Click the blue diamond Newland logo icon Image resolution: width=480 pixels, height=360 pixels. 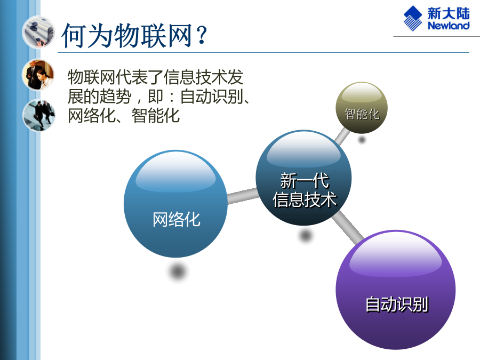[413, 18]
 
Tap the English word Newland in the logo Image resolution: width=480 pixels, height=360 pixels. [449, 26]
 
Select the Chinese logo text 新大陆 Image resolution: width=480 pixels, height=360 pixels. [449, 13]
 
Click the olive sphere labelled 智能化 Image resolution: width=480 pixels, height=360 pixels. [362, 107]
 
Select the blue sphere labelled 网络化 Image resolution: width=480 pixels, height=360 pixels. [175, 204]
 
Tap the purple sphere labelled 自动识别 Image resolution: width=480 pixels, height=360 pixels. [396, 290]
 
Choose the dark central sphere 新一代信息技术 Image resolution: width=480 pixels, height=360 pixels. [303, 178]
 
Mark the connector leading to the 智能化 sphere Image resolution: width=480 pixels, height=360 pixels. [342, 136]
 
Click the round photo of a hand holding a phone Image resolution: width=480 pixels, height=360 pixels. [38, 32]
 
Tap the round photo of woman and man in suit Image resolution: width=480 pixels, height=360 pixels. [38, 75]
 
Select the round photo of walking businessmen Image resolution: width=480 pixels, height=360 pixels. [39, 115]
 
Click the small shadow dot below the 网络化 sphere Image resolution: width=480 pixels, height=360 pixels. [177, 271]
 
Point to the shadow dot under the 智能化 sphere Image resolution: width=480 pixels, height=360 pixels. [362, 140]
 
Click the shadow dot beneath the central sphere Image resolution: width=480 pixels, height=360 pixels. [306, 235]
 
